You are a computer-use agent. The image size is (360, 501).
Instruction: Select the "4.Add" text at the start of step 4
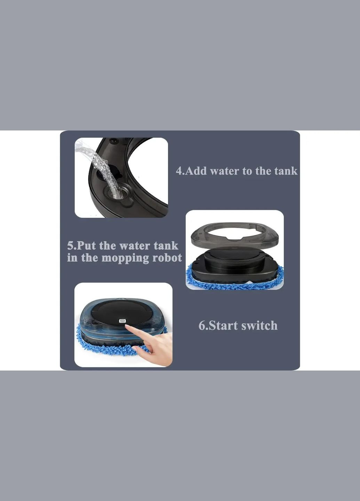coord(191,171)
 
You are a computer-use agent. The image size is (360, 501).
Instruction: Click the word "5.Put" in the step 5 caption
coord(81,246)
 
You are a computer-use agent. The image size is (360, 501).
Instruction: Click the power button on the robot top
coord(122,321)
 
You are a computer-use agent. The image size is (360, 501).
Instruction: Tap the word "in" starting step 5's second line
coord(72,258)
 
